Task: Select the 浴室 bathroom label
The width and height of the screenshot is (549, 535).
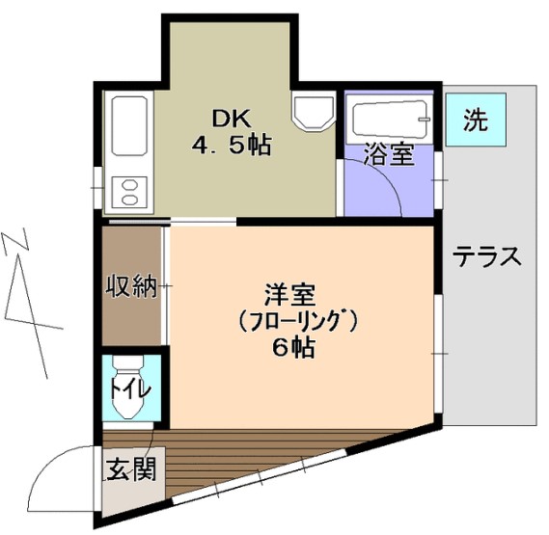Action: click(x=389, y=155)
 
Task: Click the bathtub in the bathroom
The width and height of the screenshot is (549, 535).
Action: click(x=389, y=120)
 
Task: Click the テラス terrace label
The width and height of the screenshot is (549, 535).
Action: click(x=488, y=257)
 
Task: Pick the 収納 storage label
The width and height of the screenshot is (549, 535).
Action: click(x=131, y=286)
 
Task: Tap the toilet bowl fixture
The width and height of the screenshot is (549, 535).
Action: click(x=129, y=386)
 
